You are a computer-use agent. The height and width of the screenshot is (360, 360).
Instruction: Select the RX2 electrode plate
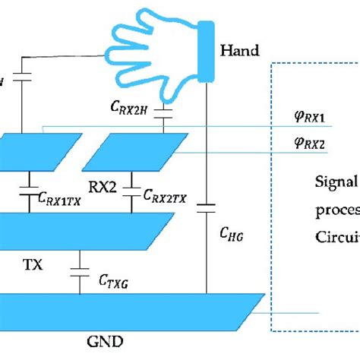pyautogui.click(x=135, y=152)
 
